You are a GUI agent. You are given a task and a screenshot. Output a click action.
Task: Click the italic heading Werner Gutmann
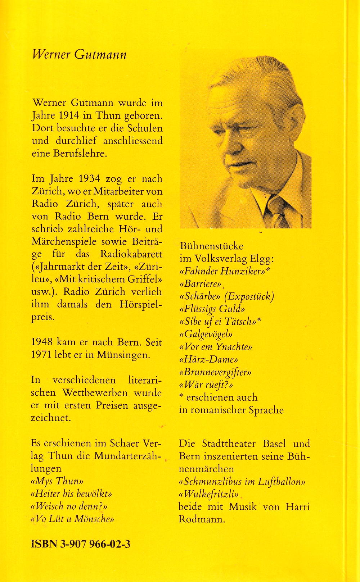click(x=79, y=54)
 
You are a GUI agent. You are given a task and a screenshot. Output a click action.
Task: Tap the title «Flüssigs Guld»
click(x=212, y=309)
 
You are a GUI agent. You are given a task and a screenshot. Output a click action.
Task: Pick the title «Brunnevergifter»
click(x=215, y=372)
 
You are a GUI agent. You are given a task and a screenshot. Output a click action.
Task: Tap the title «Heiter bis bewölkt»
click(x=72, y=494)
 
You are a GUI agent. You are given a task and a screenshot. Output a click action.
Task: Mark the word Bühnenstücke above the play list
click(x=211, y=246)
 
